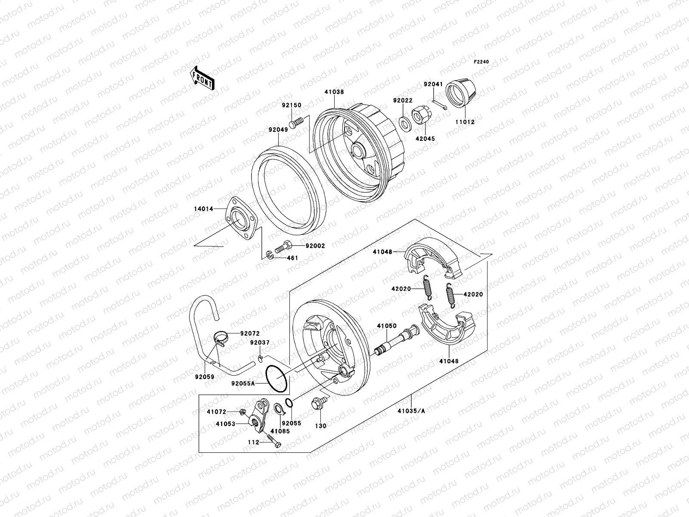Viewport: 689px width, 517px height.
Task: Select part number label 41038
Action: pos(334,92)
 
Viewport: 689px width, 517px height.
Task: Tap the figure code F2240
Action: pos(482,62)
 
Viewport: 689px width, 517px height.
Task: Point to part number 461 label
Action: pos(292,258)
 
